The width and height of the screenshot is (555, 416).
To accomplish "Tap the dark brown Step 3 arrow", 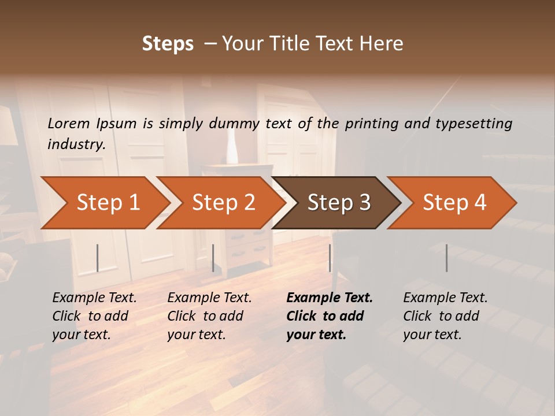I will (339, 203).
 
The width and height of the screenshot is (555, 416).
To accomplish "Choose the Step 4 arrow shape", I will (454, 203).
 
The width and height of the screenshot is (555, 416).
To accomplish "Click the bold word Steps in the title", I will (168, 44).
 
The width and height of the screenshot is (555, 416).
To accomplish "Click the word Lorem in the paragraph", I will (68, 123).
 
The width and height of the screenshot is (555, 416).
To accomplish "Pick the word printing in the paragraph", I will (370, 123).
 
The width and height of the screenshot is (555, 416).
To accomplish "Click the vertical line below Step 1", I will (98, 258).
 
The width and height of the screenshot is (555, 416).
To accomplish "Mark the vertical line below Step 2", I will (213, 258).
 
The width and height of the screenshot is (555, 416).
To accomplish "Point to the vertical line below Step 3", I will (330, 258).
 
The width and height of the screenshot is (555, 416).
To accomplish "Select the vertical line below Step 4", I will (447, 258).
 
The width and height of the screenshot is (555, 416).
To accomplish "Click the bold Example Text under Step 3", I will (330, 298).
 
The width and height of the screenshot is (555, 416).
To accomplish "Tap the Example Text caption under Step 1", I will (94, 298).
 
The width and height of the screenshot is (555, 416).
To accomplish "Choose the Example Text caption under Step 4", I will (445, 298).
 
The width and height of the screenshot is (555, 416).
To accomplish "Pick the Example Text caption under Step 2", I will (209, 298).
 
